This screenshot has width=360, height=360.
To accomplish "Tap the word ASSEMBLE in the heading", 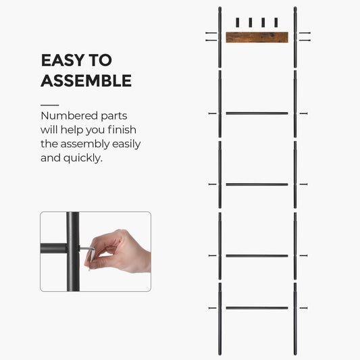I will [86, 81].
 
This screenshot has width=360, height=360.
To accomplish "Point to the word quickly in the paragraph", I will [80, 158].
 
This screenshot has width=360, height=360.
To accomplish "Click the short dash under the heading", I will [49, 105].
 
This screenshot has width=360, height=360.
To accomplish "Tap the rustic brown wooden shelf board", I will [256, 37].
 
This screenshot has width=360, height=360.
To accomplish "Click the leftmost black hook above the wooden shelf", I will [237, 22].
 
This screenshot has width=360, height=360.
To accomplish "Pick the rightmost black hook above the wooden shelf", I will [275, 22].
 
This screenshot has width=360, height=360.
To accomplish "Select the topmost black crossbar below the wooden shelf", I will [257, 113].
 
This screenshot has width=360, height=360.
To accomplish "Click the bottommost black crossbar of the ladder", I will [257, 308].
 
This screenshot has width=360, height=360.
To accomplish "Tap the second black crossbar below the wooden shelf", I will [257, 184].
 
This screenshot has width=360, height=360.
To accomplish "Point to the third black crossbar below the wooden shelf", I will [257, 256].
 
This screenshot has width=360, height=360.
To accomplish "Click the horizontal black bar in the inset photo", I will [53, 249].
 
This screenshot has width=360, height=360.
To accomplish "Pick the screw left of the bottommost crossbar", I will [212, 308].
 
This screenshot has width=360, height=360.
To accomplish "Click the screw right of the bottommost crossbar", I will [303, 308].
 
